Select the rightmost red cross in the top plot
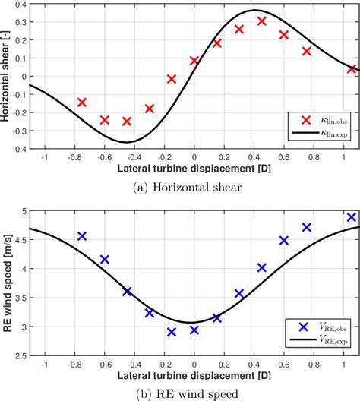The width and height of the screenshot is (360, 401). point(352,69)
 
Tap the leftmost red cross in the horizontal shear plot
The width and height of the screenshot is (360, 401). point(82,102)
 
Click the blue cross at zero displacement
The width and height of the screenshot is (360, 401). point(194,330)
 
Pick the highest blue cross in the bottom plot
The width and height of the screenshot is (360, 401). point(352,217)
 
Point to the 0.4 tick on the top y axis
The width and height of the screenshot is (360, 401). point(21,4)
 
